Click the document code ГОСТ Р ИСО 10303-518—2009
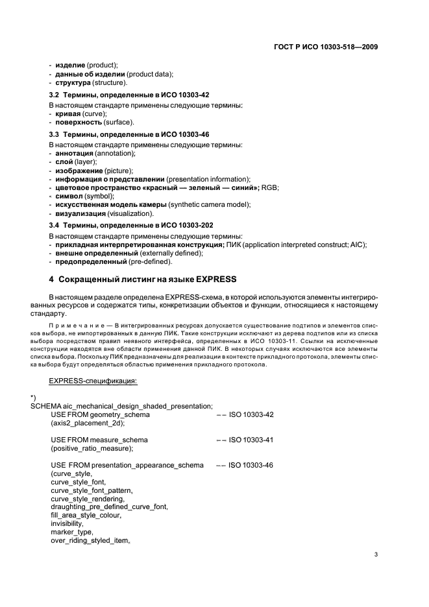[326, 47]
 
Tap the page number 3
[376, 554]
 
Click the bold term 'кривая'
[68, 113]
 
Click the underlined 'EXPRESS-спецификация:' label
[93, 381]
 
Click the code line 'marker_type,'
[70, 532]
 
